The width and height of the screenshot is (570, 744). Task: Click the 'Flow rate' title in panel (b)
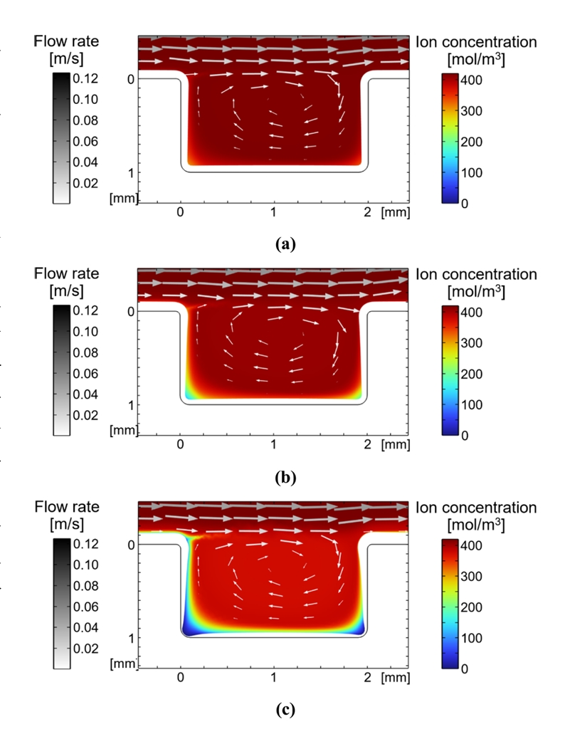[x=66, y=274]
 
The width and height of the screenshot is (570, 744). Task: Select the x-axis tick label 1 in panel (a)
[x=274, y=213]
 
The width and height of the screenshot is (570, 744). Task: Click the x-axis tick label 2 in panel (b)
[x=367, y=445]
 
